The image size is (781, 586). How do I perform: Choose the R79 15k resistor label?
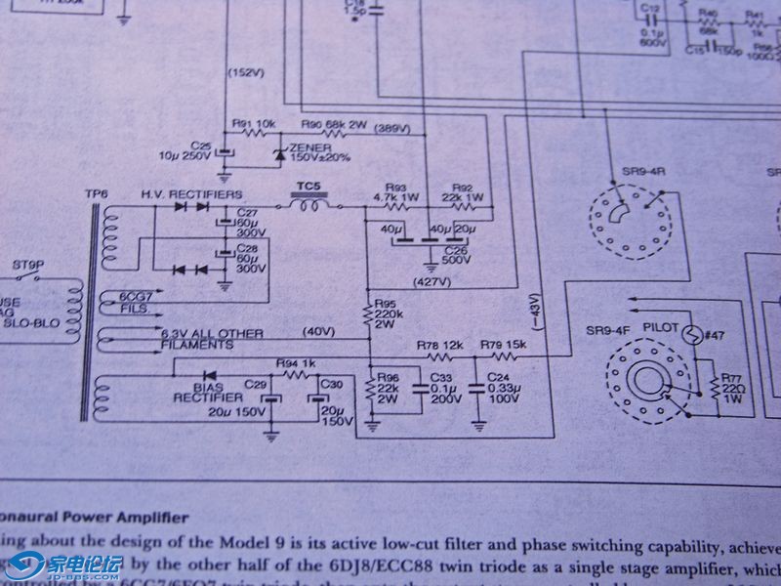(503, 347)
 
